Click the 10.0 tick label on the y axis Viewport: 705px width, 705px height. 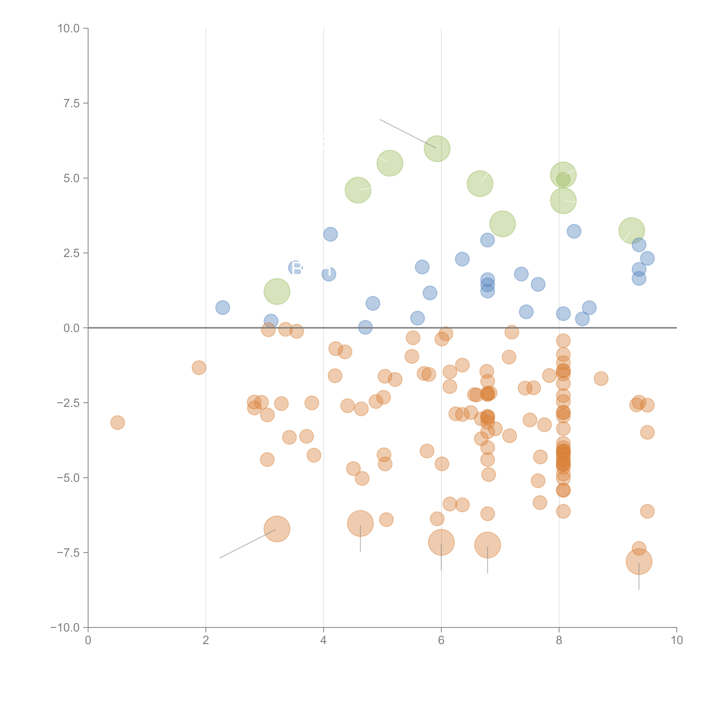pos(69,28)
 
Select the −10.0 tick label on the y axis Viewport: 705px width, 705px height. pos(65,628)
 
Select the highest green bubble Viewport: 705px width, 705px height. pos(437,148)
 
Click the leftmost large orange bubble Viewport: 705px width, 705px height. pos(277,529)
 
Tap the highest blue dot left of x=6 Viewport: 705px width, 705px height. pos(330,234)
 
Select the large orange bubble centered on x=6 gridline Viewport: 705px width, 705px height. pos(441,542)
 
